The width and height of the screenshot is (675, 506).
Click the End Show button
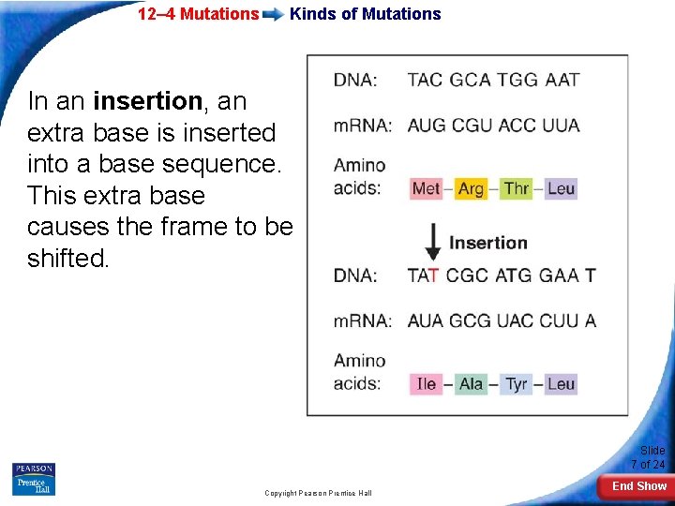(x=638, y=486)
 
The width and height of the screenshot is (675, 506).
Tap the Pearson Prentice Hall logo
(x=34, y=479)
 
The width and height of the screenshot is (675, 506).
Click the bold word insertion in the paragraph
(x=148, y=100)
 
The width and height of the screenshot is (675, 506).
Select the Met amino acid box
(x=426, y=188)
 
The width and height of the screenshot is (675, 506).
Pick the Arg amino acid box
(x=471, y=188)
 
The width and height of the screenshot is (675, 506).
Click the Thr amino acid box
(x=517, y=188)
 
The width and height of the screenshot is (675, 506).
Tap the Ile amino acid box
(x=426, y=383)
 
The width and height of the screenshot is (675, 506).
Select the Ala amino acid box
(x=471, y=383)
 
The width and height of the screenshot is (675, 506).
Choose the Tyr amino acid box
(x=517, y=383)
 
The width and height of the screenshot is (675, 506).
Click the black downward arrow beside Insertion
(x=433, y=243)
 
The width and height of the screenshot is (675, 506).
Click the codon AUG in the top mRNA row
(x=427, y=126)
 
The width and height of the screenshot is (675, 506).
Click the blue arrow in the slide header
(x=275, y=15)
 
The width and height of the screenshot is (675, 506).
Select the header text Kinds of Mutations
(x=365, y=14)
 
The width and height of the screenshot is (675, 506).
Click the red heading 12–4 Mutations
(x=198, y=14)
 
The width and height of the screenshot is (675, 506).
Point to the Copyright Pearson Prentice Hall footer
(x=318, y=493)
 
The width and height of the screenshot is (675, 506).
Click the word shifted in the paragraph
(x=67, y=259)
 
